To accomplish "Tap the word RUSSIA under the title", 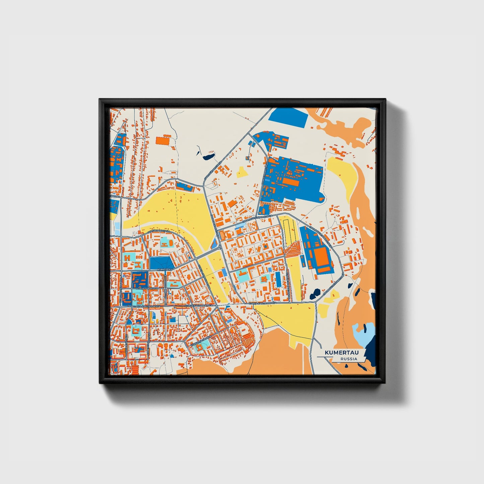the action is [348, 359].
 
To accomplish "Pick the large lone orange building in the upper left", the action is [163, 140].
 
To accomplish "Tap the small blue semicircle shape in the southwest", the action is [130, 321].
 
